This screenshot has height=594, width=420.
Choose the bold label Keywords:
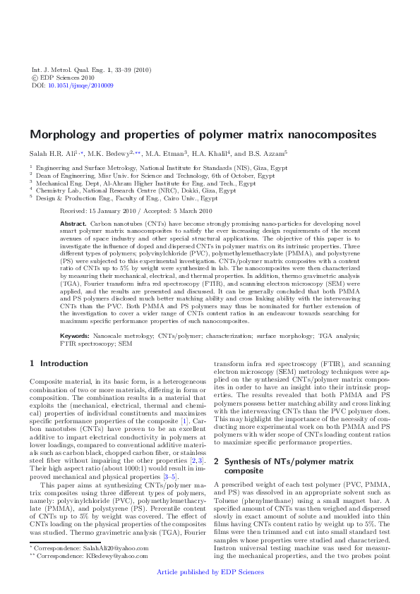point(74,336)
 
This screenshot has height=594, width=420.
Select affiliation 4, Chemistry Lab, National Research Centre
point(136,190)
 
